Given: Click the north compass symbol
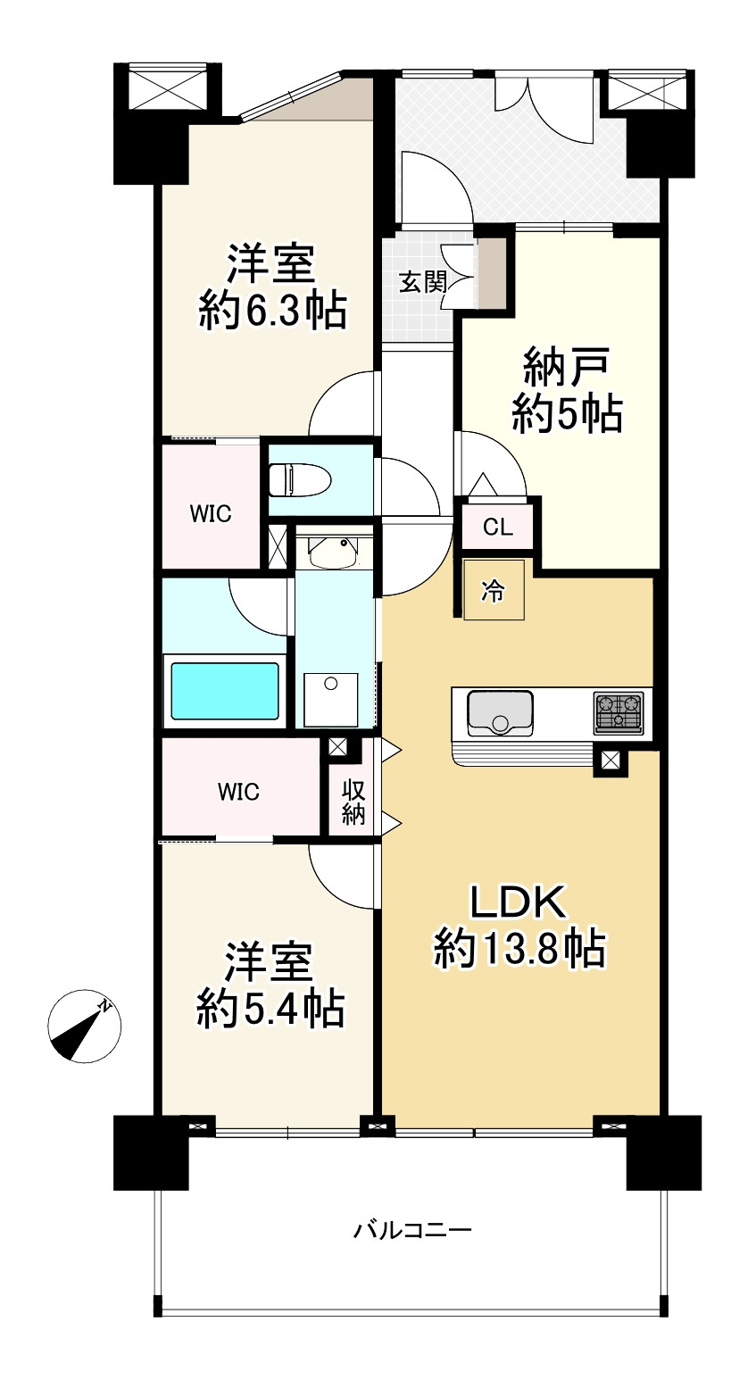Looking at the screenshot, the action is pyautogui.click(x=85, y=1026).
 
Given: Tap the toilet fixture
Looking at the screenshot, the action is pyautogui.click(x=300, y=478).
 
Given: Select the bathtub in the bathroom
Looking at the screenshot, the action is pyautogui.click(x=224, y=691).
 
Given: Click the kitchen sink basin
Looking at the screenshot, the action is pyautogui.click(x=500, y=713).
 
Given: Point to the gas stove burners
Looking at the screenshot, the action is pyautogui.click(x=619, y=713).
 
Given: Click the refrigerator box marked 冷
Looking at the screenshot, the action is pyautogui.click(x=494, y=590).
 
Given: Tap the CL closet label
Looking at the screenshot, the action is pyautogui.click(x=497, y=528).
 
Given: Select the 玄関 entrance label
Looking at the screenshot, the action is pyautogui.click(x=422, y=283).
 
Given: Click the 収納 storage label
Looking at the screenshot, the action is pyautogui.click(x=353, y=802).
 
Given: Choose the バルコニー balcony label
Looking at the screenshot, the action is pyautogui.click(x=412, y=1231).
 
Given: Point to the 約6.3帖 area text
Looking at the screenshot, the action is pyautogui.click(x=271, y=311).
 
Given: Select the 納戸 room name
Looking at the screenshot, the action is pyautogui.click(x=567, y=369).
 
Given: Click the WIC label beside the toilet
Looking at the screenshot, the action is pyautogui.click(x=211, y=513).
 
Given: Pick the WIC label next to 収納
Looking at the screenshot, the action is pyautogui.click(x=239, y=792).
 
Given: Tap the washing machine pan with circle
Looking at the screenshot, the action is pyautogui.click(x=331, y=700).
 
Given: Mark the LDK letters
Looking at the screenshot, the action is pyautogui.click(x=518, y=902).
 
